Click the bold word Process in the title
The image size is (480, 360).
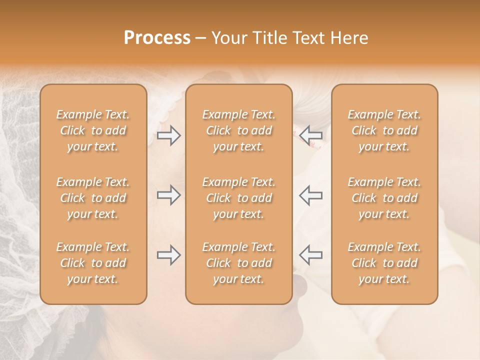pyautogui.click(x=157, y=38)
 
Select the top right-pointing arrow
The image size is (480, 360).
pyautogui.click(x=168, y=135)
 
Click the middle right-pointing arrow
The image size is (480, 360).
pyautogui.click(x=168, y=195)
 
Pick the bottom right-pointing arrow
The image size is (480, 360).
pyautogui.click(x=168, y=255)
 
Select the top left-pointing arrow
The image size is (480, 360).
pyautogui.click(x=310, y=135)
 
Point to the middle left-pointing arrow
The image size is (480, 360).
pyautogui.click(x=310, y=195)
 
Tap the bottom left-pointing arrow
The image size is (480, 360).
pyautogui.click(x=310, y=254)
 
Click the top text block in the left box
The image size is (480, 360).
pyautogui.click(x=93, y=130)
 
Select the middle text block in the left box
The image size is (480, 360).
pyautogui.click(x=93, y=198)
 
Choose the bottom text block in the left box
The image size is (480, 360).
pyautogui.click(x=93, y=263)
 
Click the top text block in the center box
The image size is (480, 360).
pyautogui.click(x=238, y=130)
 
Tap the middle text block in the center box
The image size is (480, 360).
pyautogui.click(x=238, y=198)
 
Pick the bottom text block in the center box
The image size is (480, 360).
pyautogui.click(x=238, y=263)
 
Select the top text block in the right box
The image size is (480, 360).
pyautogui.click(x=384, y=130)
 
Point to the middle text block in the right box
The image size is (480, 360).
pyautogui.click(x=384, y=198)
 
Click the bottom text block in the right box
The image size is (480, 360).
pyautogui.click(x=384, y=263)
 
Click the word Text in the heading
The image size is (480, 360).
pyautogui.click(x=307, y=38)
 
